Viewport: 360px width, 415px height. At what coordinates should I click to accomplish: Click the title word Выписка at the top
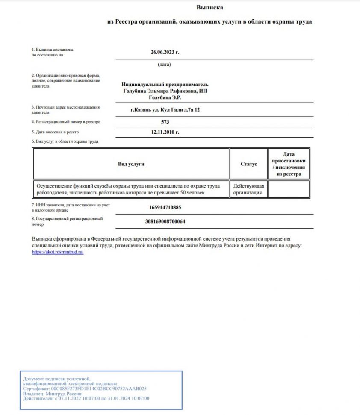(x=210, y=7)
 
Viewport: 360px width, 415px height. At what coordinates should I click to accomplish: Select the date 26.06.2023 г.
(x=165, y=52)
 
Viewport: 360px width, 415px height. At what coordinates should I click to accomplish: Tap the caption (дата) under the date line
(x=164, y=65)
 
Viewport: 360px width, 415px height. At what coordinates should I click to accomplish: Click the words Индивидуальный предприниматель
(x=165, y=85)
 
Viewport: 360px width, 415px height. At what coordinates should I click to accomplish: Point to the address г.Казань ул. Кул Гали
(x=165, y=110)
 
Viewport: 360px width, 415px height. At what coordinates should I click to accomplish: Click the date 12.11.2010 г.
(x=165, y=132)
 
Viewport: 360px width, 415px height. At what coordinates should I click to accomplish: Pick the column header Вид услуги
(x=131, y=164)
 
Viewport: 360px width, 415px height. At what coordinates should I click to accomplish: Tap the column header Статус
(x=249, y=164)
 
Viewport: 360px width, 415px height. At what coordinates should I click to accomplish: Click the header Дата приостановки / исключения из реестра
(x=289, y=164)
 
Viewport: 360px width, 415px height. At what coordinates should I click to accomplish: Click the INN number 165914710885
(x=165, y=208)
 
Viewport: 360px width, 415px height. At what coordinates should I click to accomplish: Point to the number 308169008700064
(x=165, y=221)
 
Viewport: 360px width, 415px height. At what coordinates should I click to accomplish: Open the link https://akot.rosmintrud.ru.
(x=58, y=252)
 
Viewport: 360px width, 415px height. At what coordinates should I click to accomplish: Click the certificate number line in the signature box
(x=85, y=389)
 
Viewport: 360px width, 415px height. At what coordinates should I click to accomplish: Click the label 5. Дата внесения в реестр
(x=55, y=132)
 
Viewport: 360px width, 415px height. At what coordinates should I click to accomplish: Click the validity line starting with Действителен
(x=86, y=399)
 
